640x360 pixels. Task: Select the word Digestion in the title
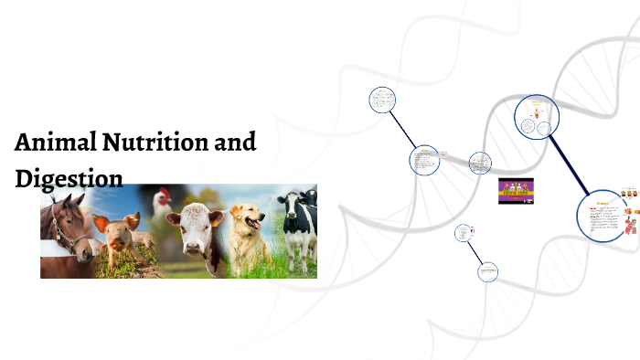tap(69, 178)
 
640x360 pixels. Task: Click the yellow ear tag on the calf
tap(217, 218)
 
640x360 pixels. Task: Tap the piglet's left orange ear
tap(101, 223)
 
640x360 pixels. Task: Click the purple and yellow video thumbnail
tap(516, 191)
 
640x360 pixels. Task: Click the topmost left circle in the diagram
tap(381, 100)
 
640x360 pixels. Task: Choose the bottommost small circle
tap(488, 271)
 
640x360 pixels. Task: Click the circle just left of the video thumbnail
tap(480, 164)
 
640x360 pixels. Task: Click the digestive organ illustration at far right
tap(630, 219)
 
